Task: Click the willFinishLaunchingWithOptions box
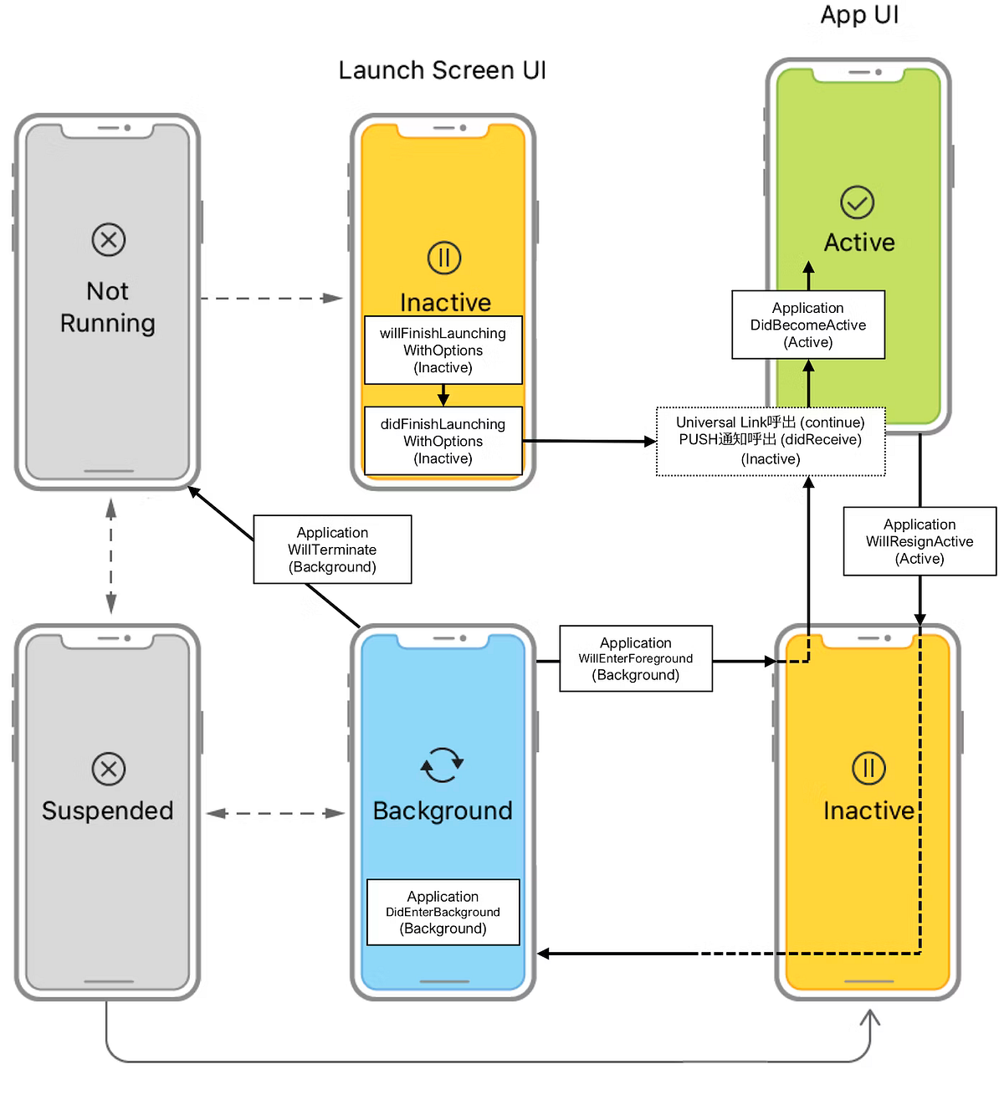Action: click(443, 350)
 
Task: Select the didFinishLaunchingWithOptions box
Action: click(443, 441)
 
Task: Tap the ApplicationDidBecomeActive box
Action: click(808, 325)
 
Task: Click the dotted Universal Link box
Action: click(771, 441)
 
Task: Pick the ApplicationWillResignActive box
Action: click(919, 541)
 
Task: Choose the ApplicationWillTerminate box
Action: click(332, 550)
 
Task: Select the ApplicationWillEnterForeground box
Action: click(636, 658)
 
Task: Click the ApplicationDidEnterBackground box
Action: click(443, 912)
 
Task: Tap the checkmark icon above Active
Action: click(858, 202)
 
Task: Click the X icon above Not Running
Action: click(109, 240)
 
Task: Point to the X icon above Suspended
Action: click(109, 769)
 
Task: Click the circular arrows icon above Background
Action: click(442, 765)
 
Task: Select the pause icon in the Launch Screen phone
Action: click(444, 258)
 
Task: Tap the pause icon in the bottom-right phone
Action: click(868, 768)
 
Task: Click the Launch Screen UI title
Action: click(442, 70)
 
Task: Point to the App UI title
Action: click(859, 15)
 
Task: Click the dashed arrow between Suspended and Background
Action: click(275, 813)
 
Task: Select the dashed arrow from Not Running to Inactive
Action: click(271, 299)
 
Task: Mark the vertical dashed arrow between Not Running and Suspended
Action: click(111, 556)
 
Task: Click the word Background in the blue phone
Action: click(443, 811)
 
